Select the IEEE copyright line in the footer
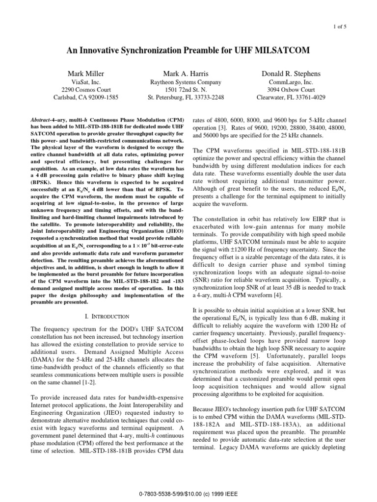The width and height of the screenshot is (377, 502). coord(188,492)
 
